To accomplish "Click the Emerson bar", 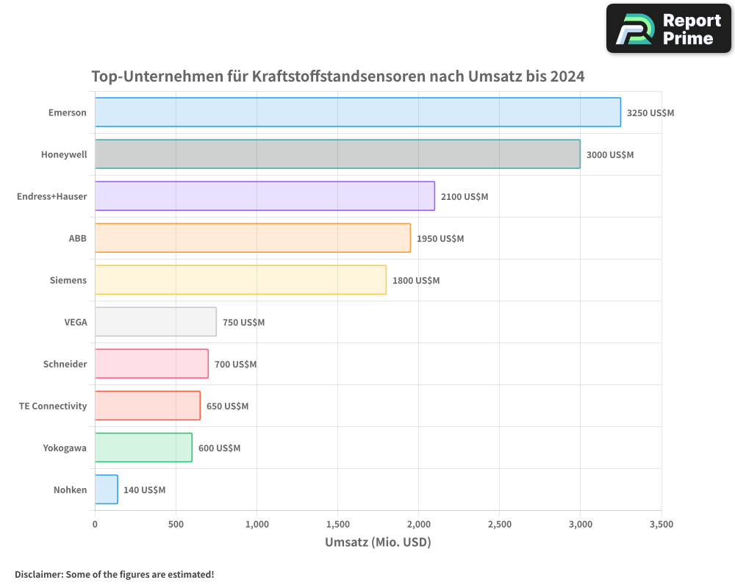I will (x=358, y=112).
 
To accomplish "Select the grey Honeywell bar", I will (x=337, y=154).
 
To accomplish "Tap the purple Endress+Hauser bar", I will (x=265, y=196).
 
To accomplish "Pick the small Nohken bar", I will (x=107, y=490).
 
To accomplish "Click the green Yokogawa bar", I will (x=143, y=448).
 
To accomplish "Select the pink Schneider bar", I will (x=151, y=364).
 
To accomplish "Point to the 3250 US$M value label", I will (x=650, y=113).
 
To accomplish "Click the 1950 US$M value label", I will (x=440, y=239).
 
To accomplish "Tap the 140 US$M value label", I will (x=144, y=490).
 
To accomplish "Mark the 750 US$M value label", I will (x=243, y=323).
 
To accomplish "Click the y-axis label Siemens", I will (x=68, y=280).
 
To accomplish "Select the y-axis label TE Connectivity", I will (x=53, y=406).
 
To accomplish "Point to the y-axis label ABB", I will (x=77, y=238).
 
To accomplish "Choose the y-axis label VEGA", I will (x=75, y=322).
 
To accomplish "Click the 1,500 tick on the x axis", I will (x=337, y=525).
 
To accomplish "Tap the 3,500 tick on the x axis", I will (x=661, y=525).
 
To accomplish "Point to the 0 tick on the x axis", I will (x=95, y=525).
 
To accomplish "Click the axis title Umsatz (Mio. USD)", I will (x=378, y=542).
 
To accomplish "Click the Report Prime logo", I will (x=669, y=29).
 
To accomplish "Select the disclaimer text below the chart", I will (x=115, y=575).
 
